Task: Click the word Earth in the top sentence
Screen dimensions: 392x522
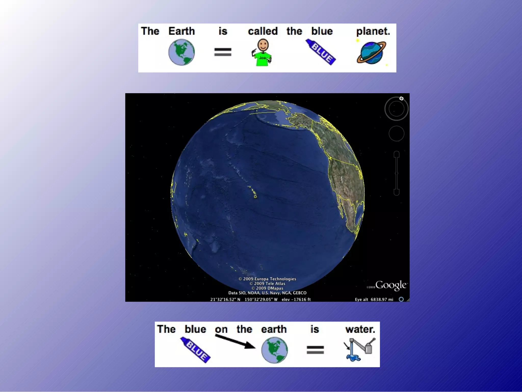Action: tap(181, 31)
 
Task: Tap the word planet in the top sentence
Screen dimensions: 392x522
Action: tap(373, 31)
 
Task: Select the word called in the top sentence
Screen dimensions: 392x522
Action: tap(263, 31)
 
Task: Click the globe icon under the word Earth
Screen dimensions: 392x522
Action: tap(181, 52)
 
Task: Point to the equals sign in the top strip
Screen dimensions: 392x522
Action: tap(223, 52)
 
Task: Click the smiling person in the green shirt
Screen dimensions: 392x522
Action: tap(262, 52)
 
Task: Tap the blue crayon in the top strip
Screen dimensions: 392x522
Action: tap(321, 52)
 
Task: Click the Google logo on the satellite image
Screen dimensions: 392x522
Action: tap(391, 285)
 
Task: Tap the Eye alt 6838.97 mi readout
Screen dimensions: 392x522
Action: tap(374, 300)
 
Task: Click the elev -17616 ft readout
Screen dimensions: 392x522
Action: tap(296, 300)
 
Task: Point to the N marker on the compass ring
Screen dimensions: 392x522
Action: tap(401, 99)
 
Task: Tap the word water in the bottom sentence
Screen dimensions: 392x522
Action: tap(360, 329)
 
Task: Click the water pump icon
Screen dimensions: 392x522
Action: tap(359, 349)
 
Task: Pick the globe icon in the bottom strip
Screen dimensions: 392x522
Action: tap(275, 350)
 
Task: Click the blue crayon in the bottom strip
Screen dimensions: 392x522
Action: tap(195, 350)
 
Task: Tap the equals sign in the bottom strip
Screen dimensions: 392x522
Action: tap(315, 350)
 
